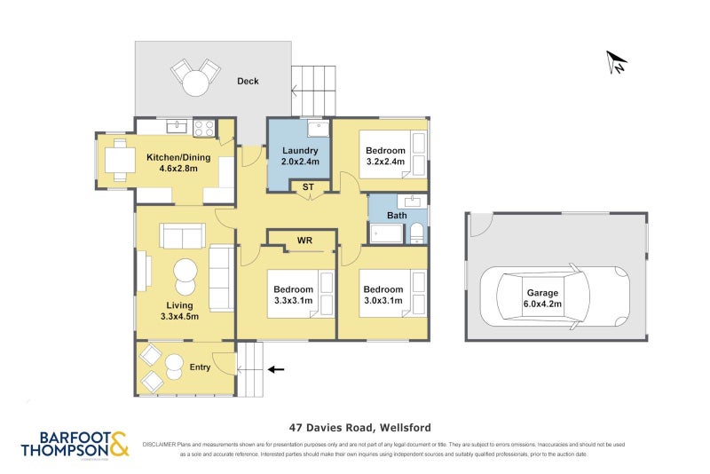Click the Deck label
click(x=248, y=82)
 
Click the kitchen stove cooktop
click(x=204, y=128)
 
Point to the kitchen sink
click(x=176, y=127)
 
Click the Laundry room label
click(x=299, y=156)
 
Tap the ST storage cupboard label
click(x=308, y=186)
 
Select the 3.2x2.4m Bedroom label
click(x=385, y=156)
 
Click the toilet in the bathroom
click(x=416, y=234)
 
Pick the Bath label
click(x=397, y=216)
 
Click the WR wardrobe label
click(x=304, y=241)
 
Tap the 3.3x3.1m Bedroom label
click(x=293, y=295)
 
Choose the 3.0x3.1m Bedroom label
click(x=383, y=295)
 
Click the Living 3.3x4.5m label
click(x=178, y=311)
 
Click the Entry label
click(x=200, y=367)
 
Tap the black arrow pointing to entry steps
click(x=277, y=368)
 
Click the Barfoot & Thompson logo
click(x=75, y=444)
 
